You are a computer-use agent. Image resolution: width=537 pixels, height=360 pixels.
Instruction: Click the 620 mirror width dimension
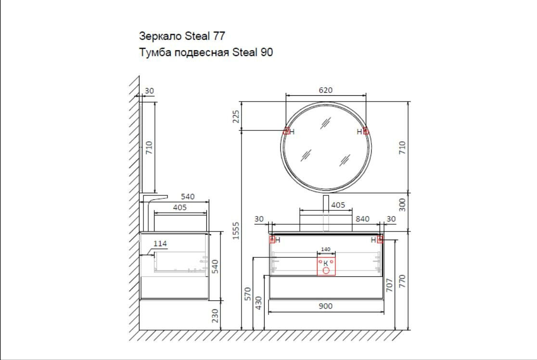coord(325,90)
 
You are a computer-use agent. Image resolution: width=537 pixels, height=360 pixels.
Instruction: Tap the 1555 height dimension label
coord(236,231)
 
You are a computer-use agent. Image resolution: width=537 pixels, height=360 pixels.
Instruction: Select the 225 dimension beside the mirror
coord(236,116)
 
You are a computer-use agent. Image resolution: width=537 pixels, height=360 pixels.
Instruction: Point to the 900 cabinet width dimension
coord(325,306)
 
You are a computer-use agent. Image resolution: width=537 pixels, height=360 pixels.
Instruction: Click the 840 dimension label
coord(362,219)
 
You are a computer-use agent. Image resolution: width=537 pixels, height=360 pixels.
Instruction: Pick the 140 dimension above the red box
coord(326,249)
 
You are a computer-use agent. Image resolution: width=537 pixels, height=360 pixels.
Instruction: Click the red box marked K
coord(326,266)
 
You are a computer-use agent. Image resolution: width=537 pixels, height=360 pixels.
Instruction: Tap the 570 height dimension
coord(248,294)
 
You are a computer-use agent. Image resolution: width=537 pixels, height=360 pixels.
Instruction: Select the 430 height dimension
coord(258,303)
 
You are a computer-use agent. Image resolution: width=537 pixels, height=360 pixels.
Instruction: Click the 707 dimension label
coord(389,285)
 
